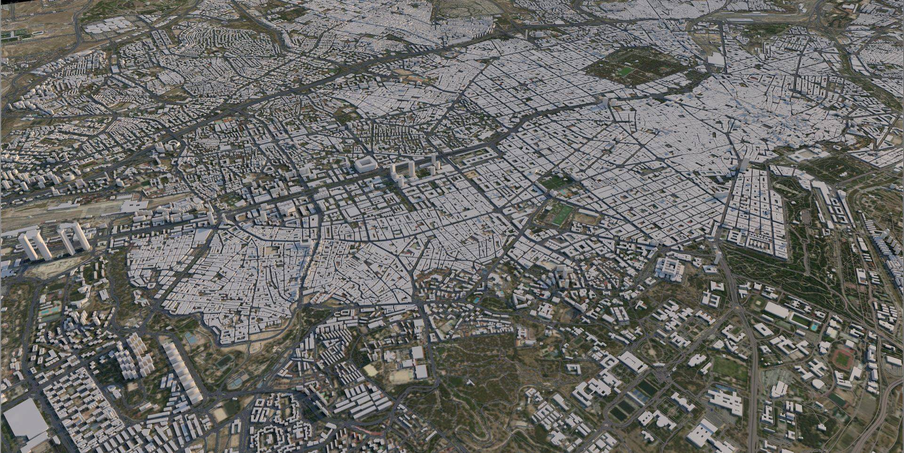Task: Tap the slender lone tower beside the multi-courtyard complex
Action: tap(718, 257)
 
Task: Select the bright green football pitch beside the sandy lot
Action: tap(560, 215)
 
